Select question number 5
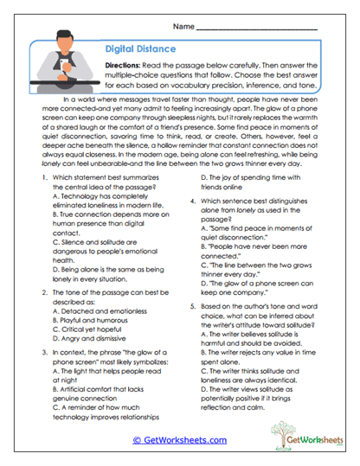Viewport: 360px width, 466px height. [192, 306]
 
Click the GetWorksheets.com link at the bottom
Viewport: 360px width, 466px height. [179, 439]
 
